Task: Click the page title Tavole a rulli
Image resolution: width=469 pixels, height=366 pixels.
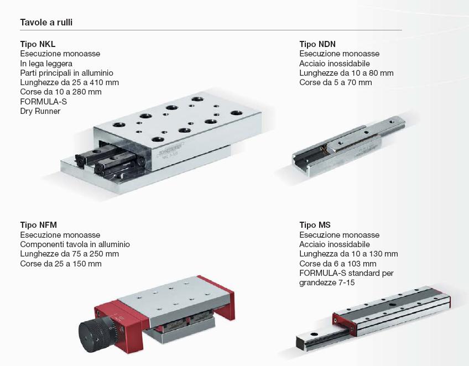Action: (46, 23)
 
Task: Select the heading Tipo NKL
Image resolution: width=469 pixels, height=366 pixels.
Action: (38, 44)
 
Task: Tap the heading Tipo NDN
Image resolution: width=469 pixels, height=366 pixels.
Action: (317, 44)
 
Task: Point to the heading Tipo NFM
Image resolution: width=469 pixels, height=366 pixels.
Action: (38, 225)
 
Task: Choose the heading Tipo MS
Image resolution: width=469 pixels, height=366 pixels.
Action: (315, 225)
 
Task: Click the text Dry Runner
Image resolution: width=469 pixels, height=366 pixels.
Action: (40, 111)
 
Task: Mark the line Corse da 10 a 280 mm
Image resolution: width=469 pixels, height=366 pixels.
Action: (61, 92)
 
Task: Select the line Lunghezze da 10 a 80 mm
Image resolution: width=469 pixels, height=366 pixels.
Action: (346, 73)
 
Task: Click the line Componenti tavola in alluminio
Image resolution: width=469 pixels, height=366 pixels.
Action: (75, 244)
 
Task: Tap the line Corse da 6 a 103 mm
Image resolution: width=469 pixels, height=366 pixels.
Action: (338, 264)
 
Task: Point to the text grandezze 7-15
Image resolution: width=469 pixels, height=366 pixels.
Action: (327, 283)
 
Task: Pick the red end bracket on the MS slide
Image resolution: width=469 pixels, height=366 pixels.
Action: (345, 324)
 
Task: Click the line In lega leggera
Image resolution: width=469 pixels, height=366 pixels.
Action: (46, 64)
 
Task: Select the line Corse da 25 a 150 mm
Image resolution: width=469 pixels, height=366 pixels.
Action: (61, 264)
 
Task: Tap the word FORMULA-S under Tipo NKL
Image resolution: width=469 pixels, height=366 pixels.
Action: (43, 102)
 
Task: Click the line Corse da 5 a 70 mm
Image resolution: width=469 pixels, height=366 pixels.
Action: (336, 82)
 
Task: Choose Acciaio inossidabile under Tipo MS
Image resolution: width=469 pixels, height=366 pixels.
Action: (335, 244)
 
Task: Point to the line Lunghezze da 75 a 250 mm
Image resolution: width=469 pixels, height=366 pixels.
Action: (69, 254)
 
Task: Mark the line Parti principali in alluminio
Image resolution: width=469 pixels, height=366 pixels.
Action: (67, 73)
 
